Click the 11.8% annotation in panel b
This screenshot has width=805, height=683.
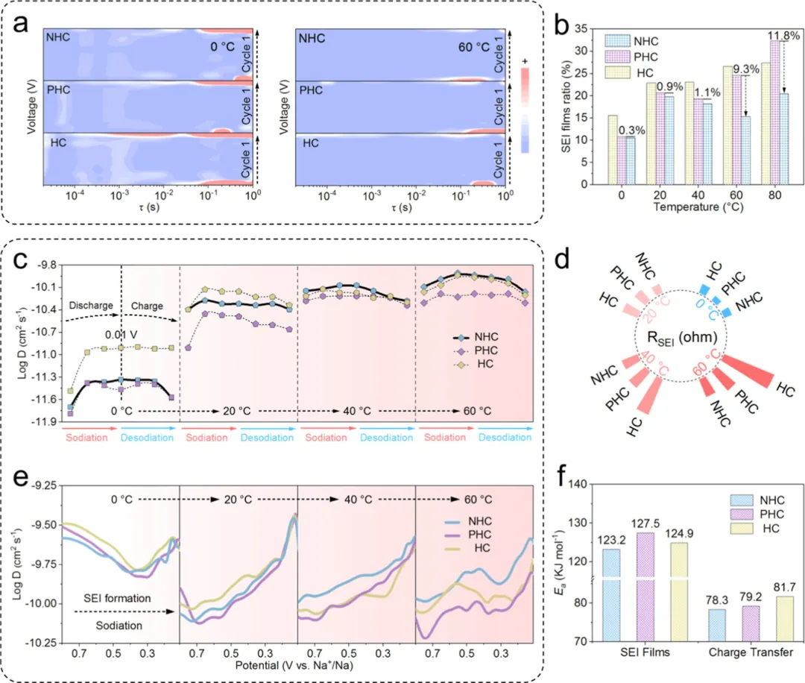click(x=783, y=36)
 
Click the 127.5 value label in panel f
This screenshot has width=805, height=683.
click(x=645, y=523)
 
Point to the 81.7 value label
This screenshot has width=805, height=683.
click(x=784, y=587)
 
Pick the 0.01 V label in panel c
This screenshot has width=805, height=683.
click(x=121, y=335)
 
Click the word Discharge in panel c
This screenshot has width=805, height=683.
click(x=91, y=306)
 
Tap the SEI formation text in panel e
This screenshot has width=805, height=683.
click(x=117, y=598)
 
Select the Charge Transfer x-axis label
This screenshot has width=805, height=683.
click(x=751, y=652)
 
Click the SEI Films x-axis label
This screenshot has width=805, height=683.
click(x=645, y=652)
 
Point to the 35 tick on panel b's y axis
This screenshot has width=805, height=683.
click(x=581, y=29)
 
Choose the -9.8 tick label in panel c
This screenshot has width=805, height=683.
click(x=46, y=265)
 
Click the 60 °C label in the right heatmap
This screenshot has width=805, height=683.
click(x=474, y=48)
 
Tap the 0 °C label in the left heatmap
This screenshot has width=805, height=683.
click(x=222, y=47)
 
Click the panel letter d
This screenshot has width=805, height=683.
click(x=562, y=259)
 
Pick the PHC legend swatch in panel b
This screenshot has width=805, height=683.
click(x=617, y=57)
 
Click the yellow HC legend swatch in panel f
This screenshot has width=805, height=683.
click(x=742, y=529)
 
